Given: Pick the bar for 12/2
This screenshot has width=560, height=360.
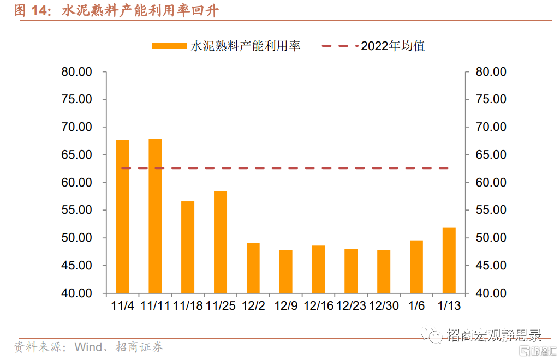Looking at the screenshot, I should (253, 268).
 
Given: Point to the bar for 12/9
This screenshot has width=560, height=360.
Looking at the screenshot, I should (286, 272).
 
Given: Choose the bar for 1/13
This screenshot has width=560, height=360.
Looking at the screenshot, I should (449, 260).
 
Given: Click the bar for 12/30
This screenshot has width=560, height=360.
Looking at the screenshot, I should (384, 272).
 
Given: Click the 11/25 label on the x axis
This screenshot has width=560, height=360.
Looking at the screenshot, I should (221, 305).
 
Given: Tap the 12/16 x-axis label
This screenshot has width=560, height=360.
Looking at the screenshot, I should (318, 305).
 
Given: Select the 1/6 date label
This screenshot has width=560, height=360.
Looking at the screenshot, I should (416, 305).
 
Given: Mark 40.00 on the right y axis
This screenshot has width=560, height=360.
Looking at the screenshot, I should (491, 293).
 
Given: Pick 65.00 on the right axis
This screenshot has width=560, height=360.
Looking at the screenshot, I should (491, 155).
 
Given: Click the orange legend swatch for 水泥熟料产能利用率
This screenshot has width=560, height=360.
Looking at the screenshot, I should (169, 46).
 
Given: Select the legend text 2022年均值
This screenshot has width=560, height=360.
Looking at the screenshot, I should (392, 46).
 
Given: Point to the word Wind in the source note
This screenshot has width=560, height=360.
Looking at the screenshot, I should (88, 347).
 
